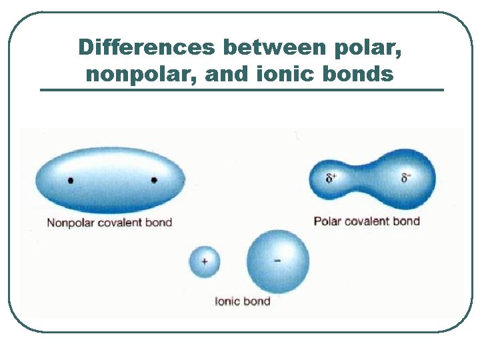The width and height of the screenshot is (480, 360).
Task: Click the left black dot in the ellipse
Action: pyautogui.click(x=71, y=180)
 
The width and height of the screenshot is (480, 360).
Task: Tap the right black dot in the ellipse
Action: pyautogui.click(x=154, y=180)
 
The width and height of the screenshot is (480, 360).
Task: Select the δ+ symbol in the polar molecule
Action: pyautogui.click(x=331, y=178)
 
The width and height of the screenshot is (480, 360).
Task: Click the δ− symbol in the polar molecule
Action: pyautogui.click(x=406, y=177)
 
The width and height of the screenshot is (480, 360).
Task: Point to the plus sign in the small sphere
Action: pyautogui.click(x=204, y=262)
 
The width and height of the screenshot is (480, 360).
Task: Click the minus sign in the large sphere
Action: pyautogui.click(x=277, y=261)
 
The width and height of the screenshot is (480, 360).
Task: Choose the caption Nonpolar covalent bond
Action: pyautogui.click(x=109, y=223)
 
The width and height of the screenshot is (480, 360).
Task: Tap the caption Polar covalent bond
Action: pyautogui.click(x=367, y=221)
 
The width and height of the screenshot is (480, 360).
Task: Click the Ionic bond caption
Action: pyautogui.click(x=242, y=301)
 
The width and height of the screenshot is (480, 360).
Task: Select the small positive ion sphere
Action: pyautogui.click(x=204, y=262)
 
